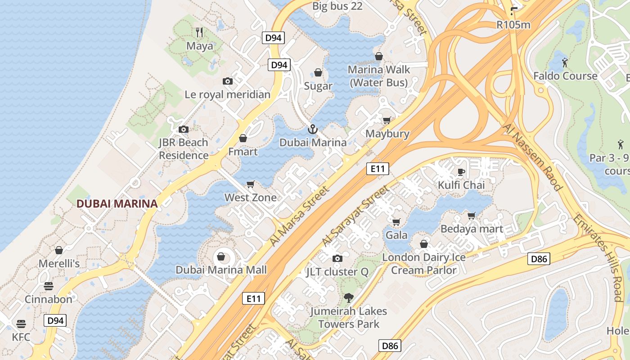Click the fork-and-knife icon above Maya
(x=200, y=32)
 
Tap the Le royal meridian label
(x=227, y=94)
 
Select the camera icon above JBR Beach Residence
(x=183, y=130)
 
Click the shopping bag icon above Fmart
(x=243, y=138)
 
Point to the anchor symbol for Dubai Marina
(x=312, y=130)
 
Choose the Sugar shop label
(x=318, y=86)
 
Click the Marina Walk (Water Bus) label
(x=379, y=76)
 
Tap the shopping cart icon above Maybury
(x=387, y=121)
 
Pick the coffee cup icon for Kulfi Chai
(x=461, y=171)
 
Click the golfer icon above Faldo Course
(x=565, y=62)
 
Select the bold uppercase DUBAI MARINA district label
(x=117, y=204)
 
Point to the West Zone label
(x=251, y=198)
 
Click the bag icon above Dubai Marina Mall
(x=221, y=256)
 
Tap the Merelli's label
(x=59, y=263)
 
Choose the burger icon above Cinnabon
(x=48, y=286)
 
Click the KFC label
(x=21, y=337)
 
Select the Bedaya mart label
(x=472, y=229)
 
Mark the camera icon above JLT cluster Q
(x=337, y=258)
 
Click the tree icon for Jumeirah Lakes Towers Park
(x=348, y=297)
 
